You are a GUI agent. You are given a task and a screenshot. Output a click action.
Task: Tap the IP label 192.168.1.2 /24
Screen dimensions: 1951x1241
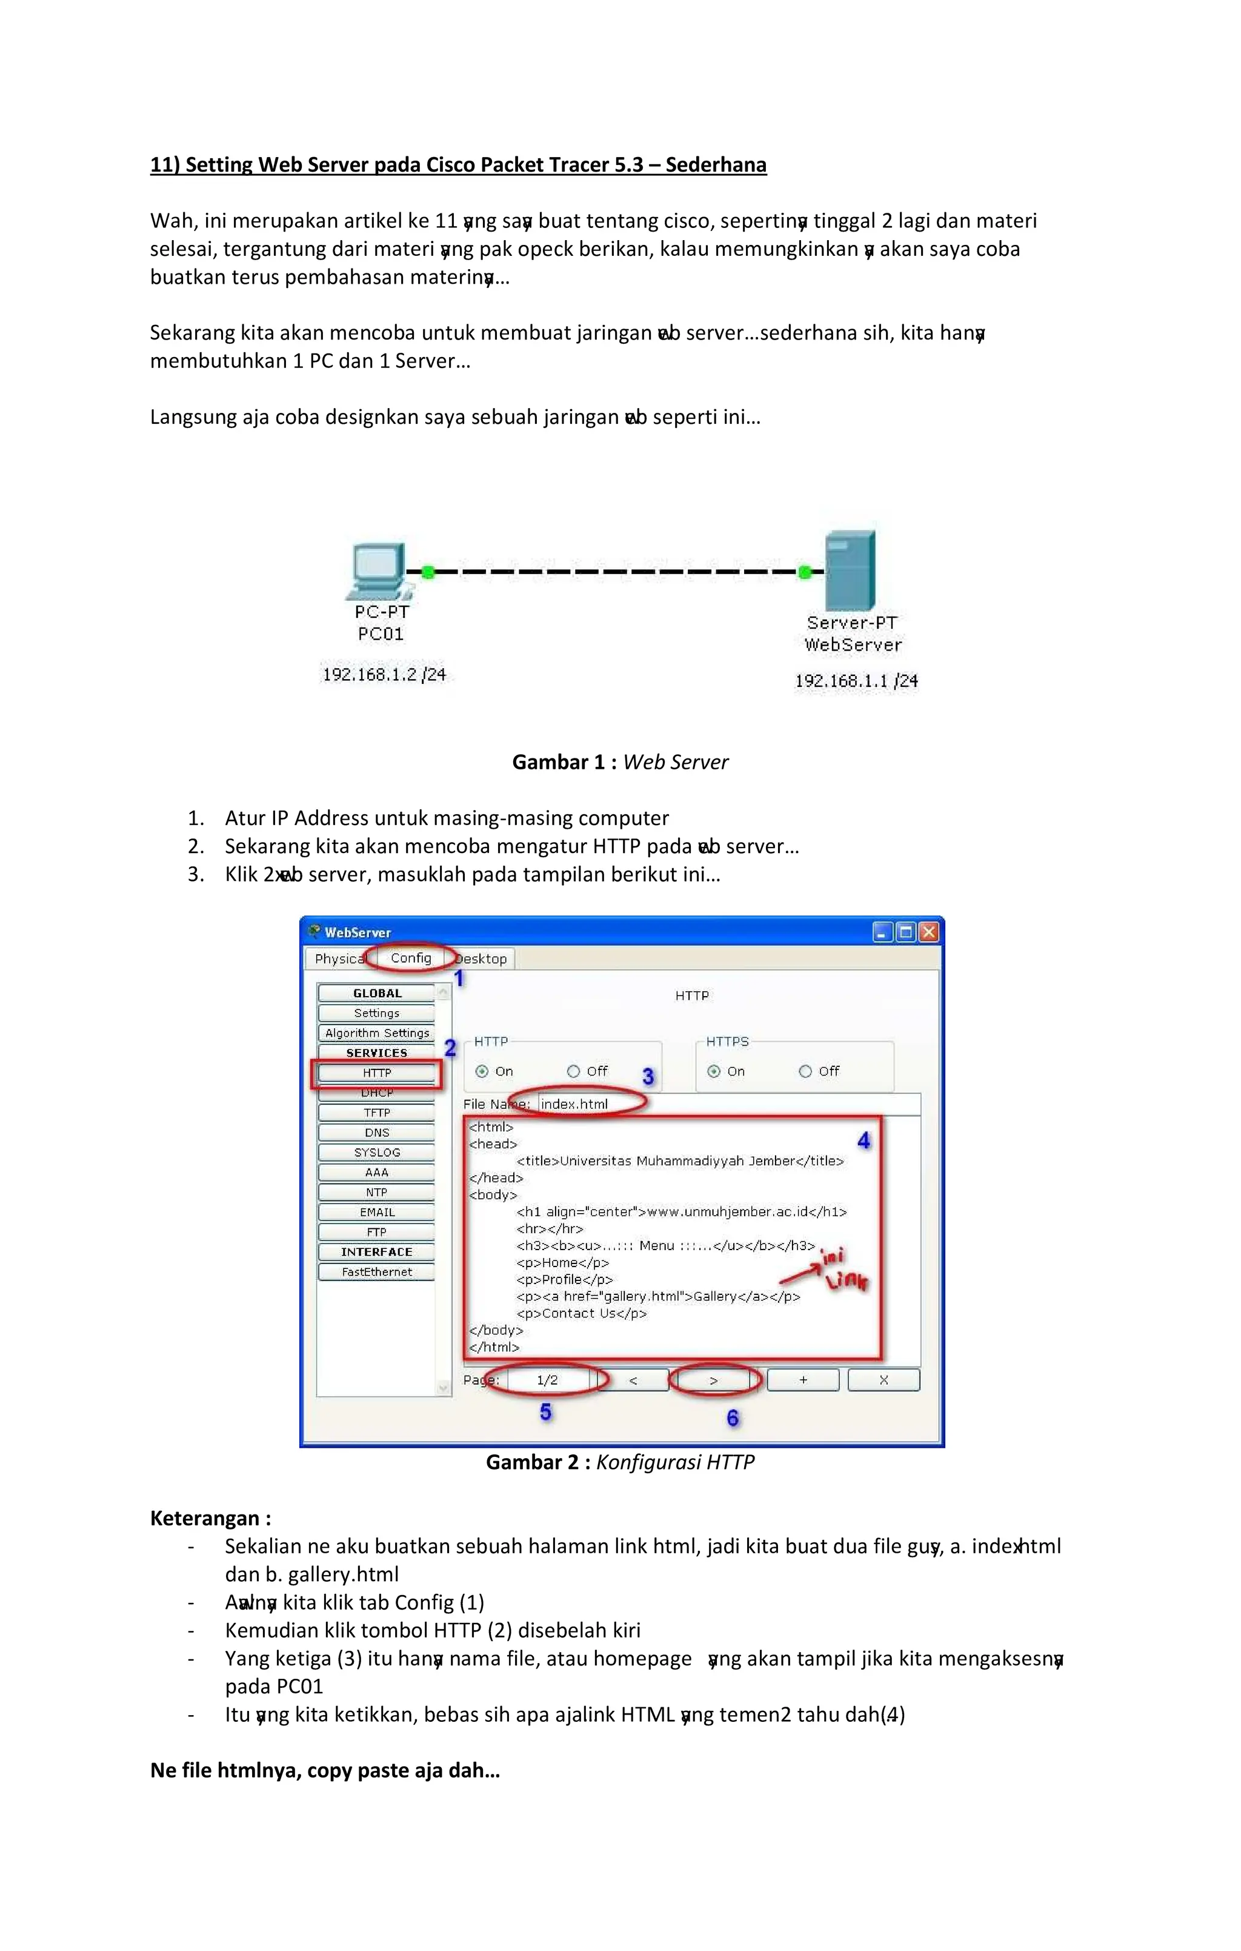384,674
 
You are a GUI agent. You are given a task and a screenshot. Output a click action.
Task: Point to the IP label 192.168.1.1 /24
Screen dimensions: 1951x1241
856,681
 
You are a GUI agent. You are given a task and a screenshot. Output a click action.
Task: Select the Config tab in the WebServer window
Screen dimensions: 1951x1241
411,958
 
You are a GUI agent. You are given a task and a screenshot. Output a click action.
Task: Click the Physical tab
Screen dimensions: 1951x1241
339,959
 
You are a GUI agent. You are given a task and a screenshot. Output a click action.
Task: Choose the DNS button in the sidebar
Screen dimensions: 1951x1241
377,1133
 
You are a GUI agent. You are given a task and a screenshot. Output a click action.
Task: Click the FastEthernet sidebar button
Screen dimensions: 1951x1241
377,1272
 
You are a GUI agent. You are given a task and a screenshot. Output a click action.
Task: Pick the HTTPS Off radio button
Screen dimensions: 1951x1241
805,1071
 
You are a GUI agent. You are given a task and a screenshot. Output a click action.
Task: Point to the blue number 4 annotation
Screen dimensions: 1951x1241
863,1141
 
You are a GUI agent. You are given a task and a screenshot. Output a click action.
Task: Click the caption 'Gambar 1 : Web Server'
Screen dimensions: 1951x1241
620,763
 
